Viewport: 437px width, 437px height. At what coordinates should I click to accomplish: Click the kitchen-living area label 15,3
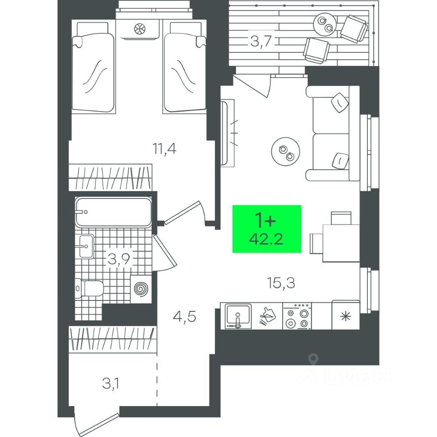[x=281, y=284]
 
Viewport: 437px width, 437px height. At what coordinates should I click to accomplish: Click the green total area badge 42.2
[x=267, y=229]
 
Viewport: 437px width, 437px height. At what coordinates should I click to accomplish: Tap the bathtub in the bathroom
[x=112, y=212]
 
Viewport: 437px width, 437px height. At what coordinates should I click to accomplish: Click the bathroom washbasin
[x=86, y=246]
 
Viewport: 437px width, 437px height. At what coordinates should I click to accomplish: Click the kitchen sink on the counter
[x=238, y=315]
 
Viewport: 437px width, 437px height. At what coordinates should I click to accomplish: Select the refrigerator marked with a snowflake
[x=346, y=315]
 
